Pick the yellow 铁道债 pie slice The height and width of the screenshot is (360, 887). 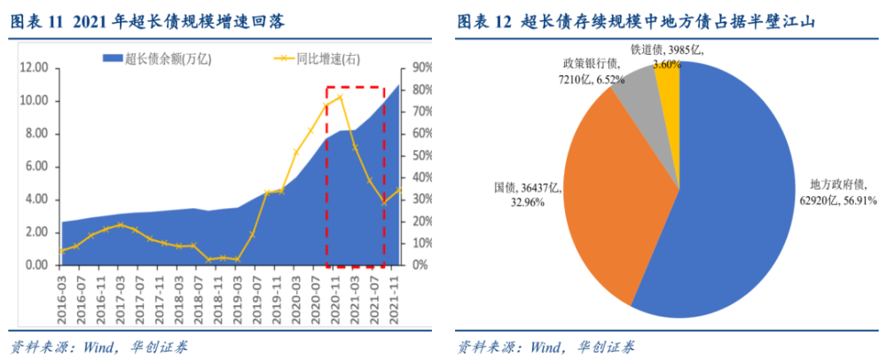(x=668, y=84)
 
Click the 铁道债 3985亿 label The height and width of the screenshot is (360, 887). (x=655, y=51)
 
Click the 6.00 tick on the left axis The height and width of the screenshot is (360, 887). (x=35, y=167)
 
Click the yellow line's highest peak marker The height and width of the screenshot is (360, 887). (x=340, y=97)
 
